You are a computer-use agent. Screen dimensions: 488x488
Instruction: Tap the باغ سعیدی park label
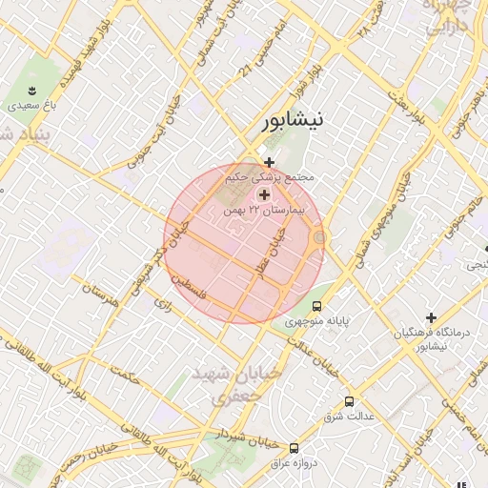coord(33,106)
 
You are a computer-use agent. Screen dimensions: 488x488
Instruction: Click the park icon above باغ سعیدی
coord(32,90)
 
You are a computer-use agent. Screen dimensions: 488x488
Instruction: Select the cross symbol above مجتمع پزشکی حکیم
coord(270,163)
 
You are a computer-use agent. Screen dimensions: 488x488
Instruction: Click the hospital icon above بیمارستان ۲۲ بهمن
coord(264,194)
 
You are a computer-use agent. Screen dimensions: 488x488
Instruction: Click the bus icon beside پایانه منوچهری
coord(316,306)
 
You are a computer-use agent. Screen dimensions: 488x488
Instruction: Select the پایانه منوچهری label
coord(317,321)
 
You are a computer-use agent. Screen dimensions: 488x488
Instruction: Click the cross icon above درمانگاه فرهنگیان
coord(431,317)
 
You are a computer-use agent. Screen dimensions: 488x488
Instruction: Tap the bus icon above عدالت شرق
coord(349,401)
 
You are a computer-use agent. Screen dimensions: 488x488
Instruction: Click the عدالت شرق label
coord(349,417)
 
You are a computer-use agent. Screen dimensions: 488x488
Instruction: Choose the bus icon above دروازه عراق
coord(294,447)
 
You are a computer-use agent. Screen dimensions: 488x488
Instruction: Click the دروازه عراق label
coord(295,462)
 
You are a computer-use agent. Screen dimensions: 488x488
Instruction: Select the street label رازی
coord(161,304)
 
